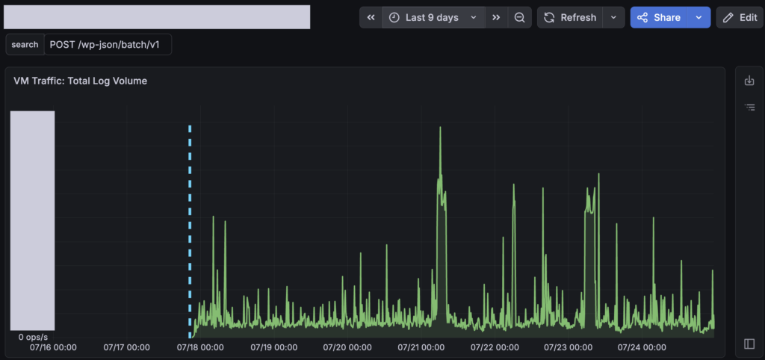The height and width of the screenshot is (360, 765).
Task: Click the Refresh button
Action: click(x=570, y=18)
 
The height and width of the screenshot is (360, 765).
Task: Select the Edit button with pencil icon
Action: click(x=740, y=18)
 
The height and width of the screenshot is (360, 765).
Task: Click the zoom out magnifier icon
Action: click(x=520, y=18)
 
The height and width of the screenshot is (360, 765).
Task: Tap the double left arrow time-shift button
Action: click(x=371, y=18)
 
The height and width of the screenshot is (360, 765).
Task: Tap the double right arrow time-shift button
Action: click(x=496, y=18)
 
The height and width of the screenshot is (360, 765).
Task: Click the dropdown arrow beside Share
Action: click(x=699, y=18)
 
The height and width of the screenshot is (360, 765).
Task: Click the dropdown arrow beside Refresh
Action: click(x=614, y=18)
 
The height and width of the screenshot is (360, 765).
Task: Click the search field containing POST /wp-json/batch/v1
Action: click(x=108, y=44)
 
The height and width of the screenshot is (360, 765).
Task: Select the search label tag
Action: click(x=25, y=44)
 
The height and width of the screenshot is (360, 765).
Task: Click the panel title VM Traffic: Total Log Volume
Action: click(x=81, y=81)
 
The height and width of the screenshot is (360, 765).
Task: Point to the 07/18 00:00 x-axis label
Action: click(x=200, y=347)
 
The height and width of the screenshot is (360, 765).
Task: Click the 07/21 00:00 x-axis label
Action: click(x=421, y=347)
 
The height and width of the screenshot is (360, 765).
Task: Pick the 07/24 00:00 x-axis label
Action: click(x=642, y=347)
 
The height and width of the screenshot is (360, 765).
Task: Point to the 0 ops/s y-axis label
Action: click(x=33, y=337)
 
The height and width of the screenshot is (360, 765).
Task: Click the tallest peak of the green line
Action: click(x=440, y=128)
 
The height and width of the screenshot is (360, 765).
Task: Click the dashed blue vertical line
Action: click(x=190, y=232)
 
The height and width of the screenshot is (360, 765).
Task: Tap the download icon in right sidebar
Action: click(x=749, y=81)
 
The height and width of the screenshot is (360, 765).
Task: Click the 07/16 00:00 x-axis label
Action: click(x=53, y=347)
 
